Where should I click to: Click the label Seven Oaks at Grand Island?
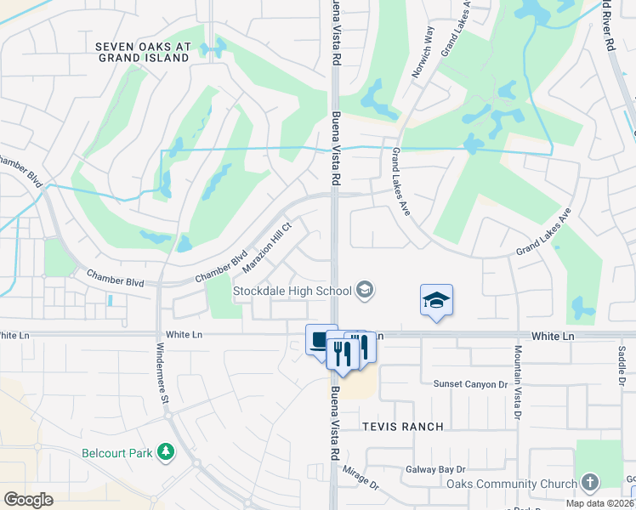coord(143,53)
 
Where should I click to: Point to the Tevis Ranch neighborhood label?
coord(402,426)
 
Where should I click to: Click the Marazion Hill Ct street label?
coord(268,248)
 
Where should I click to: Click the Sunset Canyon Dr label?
coord(470,384)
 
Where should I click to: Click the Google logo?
coord(28,500)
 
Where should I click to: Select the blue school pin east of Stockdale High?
coord(436,301)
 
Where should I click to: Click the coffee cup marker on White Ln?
coord(318,340)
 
